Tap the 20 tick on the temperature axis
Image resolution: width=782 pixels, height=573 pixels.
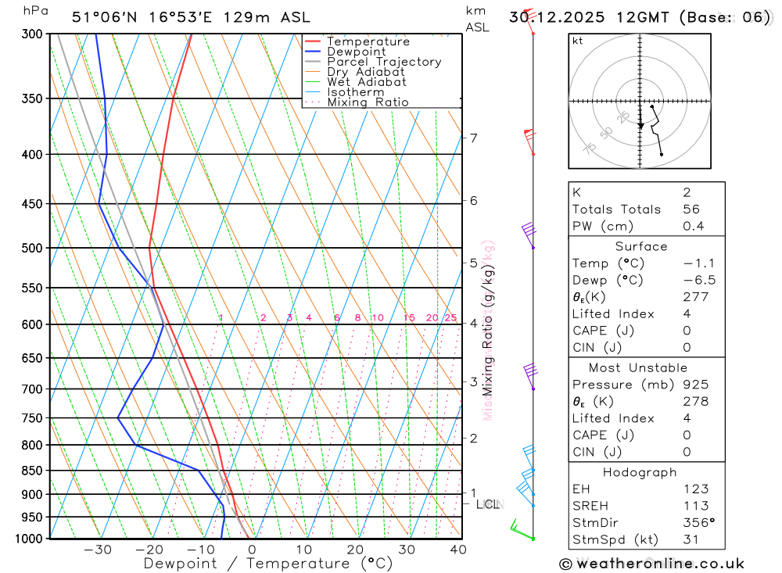click(355, 550)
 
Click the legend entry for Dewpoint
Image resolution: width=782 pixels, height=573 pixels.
click(357, 52)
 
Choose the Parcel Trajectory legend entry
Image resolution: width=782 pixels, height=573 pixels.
click(384, 62)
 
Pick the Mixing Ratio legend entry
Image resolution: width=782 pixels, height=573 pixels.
click(368, 102)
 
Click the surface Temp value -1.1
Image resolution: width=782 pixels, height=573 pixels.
click(699, 263)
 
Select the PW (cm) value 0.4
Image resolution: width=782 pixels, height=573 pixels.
click(694, 226)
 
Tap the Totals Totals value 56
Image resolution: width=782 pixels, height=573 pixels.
click(691, 209)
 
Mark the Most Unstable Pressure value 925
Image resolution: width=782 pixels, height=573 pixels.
click(695, 385)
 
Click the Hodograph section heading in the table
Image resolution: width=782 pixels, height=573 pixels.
click(640, 472)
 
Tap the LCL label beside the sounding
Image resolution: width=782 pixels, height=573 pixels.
click(487, 505)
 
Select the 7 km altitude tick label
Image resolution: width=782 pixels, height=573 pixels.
click(474, 138)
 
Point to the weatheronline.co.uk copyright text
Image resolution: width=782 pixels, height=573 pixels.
click(651, 564)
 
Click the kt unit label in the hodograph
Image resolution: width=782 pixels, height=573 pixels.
click(578, 41)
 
